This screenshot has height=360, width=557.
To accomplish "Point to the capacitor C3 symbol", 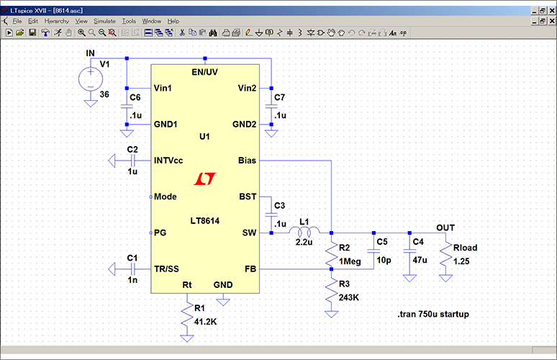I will click(x=271, y=214).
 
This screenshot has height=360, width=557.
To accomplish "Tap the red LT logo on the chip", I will click(x=205, y=178).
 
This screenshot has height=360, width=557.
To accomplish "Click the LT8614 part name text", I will click(x=204, y=219).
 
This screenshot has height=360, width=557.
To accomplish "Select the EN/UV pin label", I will click(x=205, y=72).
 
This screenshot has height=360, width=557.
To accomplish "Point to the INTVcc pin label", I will click(x=171, y=160).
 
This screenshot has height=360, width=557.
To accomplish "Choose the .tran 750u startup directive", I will click(x=433, y=315).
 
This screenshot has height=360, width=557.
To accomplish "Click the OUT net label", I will click(x=445, y=228).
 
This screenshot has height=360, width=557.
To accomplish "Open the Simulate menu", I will click(x=104, y=22).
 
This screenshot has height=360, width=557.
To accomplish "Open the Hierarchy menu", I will click(x=56, y=22).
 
